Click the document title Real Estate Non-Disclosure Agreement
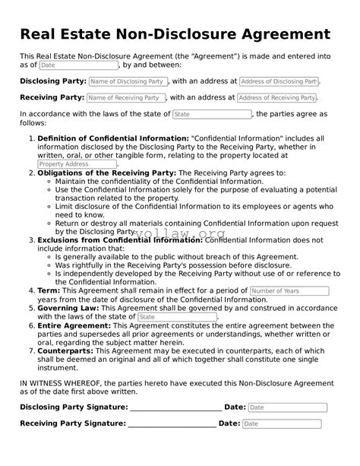point(175,35)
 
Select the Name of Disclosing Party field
point(128,81)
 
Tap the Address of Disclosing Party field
point(278,81)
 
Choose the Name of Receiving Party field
point(125,98)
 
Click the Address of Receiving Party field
point(276,98)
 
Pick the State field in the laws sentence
point(212,114)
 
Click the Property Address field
point(77,164)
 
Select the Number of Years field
point(289,291)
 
